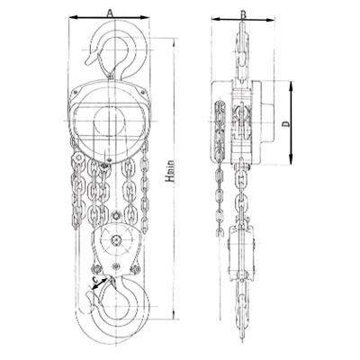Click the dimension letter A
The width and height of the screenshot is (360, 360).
coord(109,12)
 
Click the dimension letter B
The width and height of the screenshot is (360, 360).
coord(244,13)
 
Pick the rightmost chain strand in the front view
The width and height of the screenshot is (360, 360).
coord(144,189)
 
